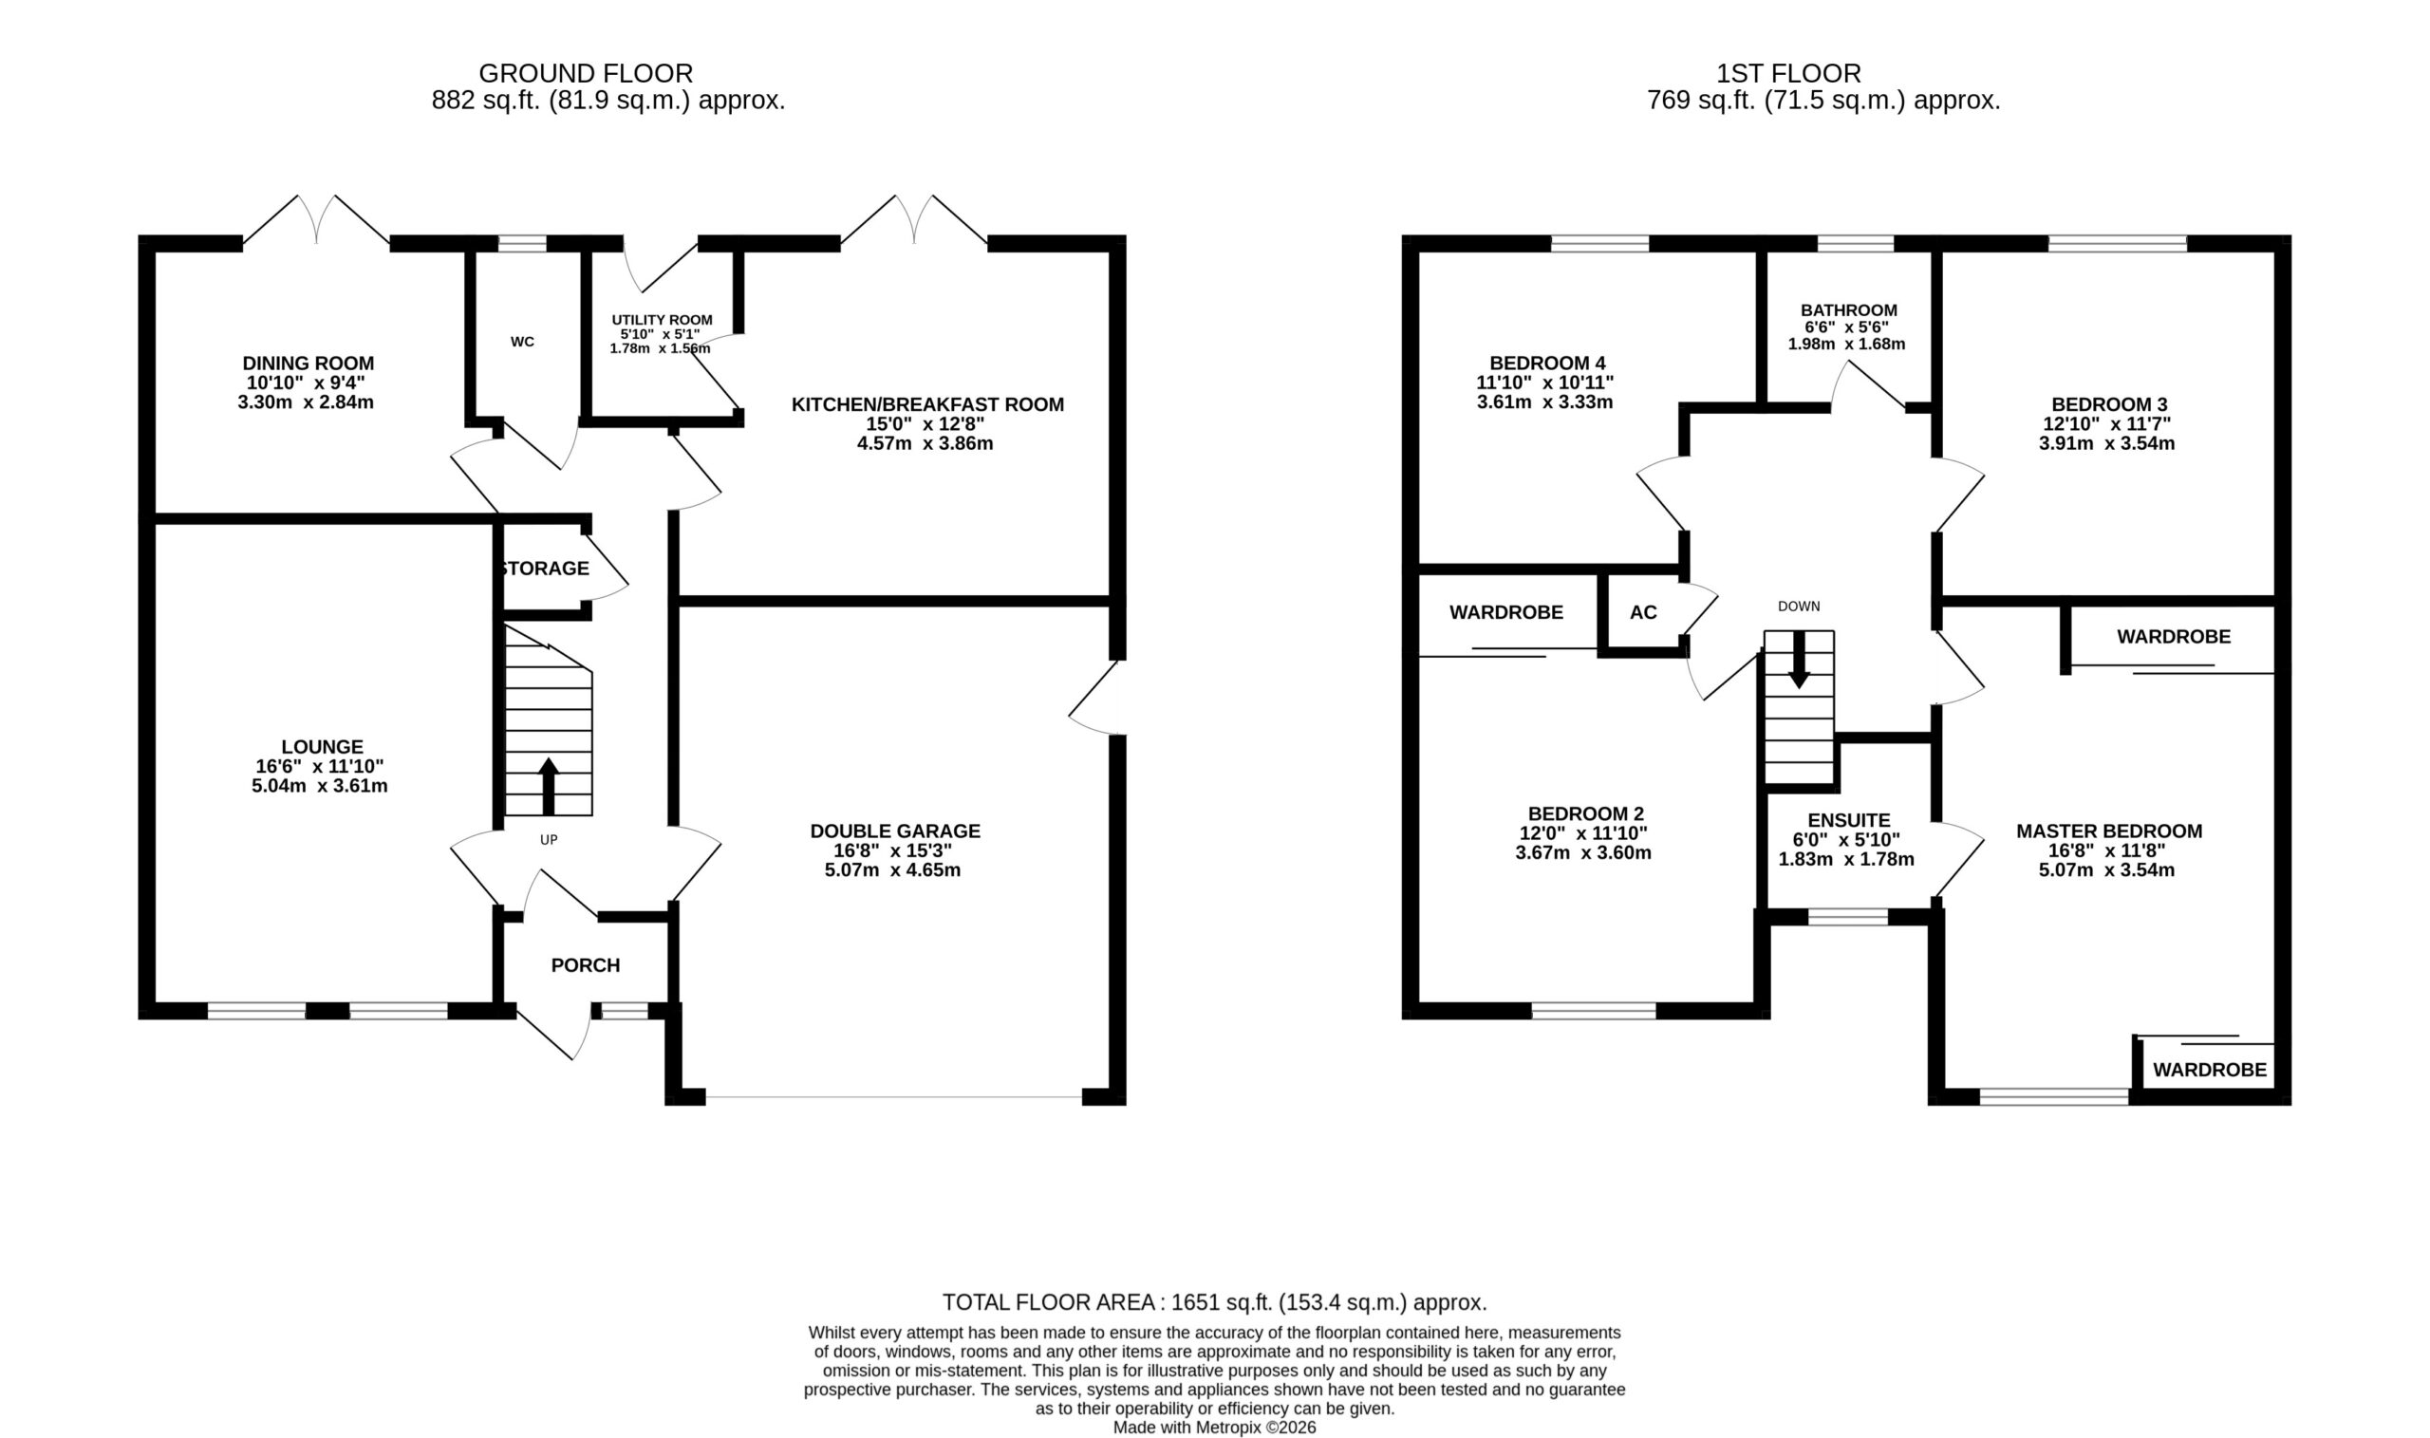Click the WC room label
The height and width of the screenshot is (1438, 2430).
coord(522,342)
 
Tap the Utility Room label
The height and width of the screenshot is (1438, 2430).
coord(662,320)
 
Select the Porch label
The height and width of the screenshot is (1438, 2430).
coord(586,965)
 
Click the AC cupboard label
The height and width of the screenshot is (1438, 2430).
coord(1643,612)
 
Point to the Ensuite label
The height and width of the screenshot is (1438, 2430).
coord(1849,821)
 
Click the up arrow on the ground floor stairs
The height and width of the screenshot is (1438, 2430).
coord(549,786)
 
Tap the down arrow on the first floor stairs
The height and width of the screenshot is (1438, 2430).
coord(1798,660)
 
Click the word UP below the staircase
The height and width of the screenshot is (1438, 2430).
coord(549,840)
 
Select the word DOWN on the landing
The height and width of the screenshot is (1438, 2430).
coord(1800,607)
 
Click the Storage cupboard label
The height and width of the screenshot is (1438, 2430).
coord(545,569)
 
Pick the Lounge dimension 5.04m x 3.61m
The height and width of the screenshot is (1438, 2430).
coord(320,786)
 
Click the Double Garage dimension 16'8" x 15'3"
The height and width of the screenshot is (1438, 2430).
coord(893,850)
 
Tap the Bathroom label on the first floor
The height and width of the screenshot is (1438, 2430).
coord(1849,310)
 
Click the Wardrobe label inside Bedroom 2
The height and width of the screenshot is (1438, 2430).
coord(1505,612)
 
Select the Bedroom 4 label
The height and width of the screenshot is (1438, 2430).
coord(1546,364)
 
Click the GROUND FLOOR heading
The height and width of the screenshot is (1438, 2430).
coord(587,74)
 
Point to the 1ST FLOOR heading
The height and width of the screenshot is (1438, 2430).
coord(1788,74)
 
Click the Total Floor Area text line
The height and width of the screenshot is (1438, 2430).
coord(1215,1302)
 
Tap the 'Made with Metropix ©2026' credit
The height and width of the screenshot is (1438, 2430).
coord(1215,1428)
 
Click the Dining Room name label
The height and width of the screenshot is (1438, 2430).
coord(308,364)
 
